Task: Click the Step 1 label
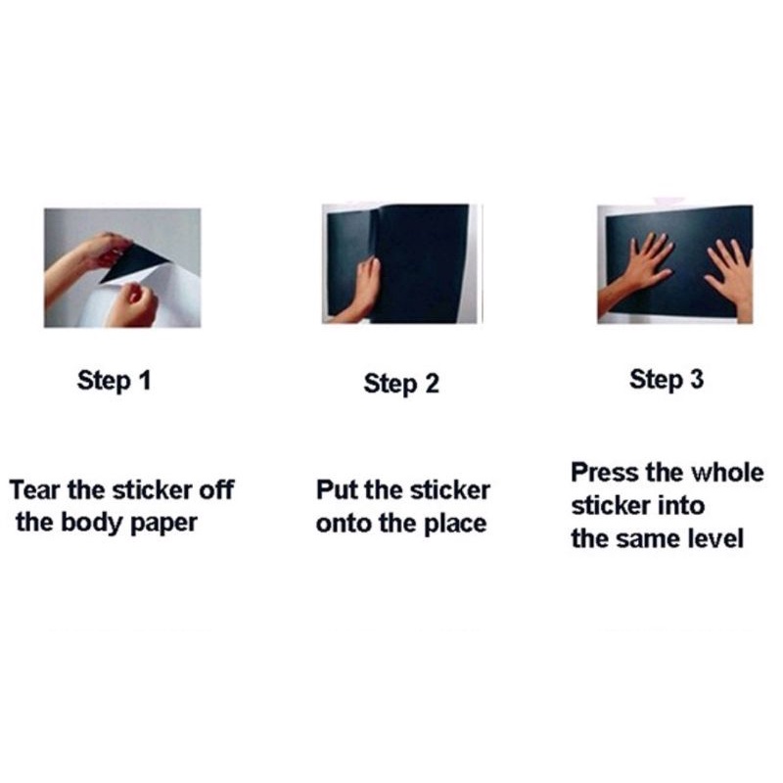pos(114,381)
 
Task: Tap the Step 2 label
pos(401,384)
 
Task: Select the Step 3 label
pos(667,380)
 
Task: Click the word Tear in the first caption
pos(34,490)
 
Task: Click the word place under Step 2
pos(455,525)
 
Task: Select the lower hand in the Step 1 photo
pos(132,304)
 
